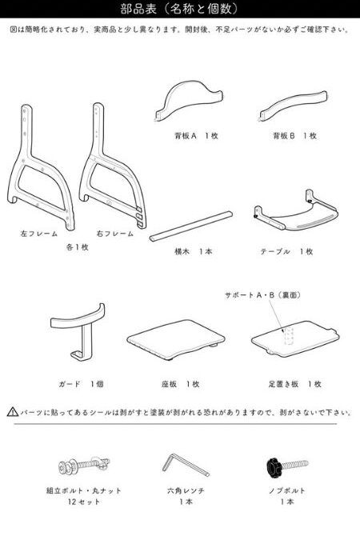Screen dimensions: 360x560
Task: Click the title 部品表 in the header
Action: point(138,9)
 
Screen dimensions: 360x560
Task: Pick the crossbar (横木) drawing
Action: point(191,226)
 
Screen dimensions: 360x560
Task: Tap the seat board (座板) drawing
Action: point(176,339)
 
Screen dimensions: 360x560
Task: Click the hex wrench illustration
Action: point(186,465)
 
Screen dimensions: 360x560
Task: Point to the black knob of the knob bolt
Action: point(274,467)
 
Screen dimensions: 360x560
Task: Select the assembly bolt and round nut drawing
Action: point(84,465)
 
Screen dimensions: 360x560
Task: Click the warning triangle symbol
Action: point(13,412)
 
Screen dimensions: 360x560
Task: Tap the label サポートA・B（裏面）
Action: point(262,295)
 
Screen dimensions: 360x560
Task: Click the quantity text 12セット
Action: point(84,502)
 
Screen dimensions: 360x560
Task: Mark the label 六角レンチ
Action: point(186,490)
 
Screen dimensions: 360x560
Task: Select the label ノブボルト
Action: point(287,490)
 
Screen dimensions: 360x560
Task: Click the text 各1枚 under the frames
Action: point(77,247)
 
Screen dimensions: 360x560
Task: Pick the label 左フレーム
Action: point(39,234)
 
